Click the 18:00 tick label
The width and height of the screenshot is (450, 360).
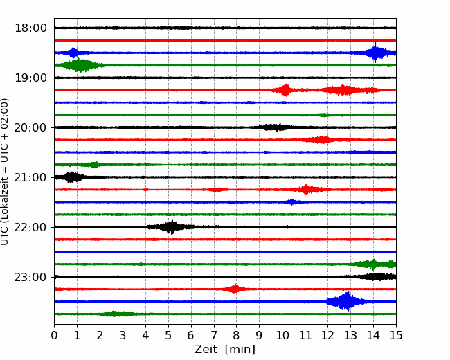click(x=30, y=28)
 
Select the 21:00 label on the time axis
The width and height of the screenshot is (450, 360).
click(x=30, y=177)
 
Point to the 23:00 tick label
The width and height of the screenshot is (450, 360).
click(x=30, y=277)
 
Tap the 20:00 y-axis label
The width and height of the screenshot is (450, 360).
click(x=30, y=127)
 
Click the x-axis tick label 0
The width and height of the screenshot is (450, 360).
click(x=54, y=335)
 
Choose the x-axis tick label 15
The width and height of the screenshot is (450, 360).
click(x=396, y=335)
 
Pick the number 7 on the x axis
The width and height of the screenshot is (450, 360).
click(x=214, y=335)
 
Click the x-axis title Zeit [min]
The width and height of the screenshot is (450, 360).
click(x=225, y=350)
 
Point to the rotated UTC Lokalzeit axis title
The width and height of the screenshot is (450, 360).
click(x=5, y=172)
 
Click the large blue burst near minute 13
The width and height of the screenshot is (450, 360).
click(x=348, y=301)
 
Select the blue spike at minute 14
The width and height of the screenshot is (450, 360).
click(x=375, y=53)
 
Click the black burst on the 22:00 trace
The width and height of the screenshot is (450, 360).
click(x=171, y=227)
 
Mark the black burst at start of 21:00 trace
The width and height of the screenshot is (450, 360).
click(x=71, y=177)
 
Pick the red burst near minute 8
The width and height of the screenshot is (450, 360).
click(x=235, y=289)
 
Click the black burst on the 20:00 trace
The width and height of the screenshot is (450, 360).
click(x=278, y=127)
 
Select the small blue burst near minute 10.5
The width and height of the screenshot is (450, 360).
click(x=292, y=202)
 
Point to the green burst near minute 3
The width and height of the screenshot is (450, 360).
click(x=116, y=314)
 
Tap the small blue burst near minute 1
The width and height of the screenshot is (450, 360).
click(x=73, y=53)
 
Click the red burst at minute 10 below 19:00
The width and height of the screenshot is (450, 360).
click(x=285, y=90)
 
